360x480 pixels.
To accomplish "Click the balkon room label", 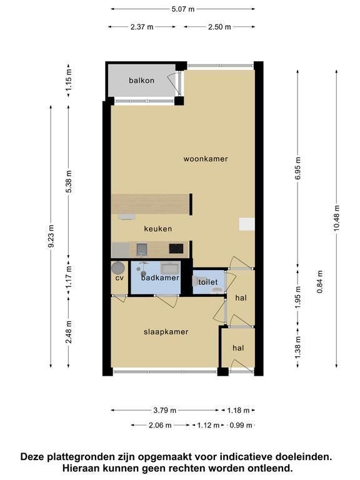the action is pyautogui.click(x=141, y=81).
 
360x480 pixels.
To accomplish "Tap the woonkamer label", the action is pyautogui.click(x=206, y=159).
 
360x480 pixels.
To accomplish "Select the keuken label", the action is pyautogui.click(x=158, y=229).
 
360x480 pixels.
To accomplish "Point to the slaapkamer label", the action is pyautogui.click(x=166, y=332).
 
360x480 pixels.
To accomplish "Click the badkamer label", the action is pyautogui.click(x=160, y=278).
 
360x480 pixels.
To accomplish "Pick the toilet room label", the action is pyautogui.click(x=208, y=282).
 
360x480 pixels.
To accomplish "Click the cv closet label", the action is pyautogui.click(x=119, y=278).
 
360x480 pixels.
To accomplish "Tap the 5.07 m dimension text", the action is pyautogui.click(x=183, y=9).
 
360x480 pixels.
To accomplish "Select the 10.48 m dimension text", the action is pyautogui.click(x=336, y=219).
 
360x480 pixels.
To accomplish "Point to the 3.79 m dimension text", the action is pyautogui.click(x=165, y=410).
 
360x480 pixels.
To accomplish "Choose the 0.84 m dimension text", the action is pyautogui.click(x=319, y=282).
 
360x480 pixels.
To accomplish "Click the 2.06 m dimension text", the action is pyautogui.click(x=160, y=425).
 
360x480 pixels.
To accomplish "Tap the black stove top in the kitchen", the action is pyautogui.click(x=176, y=249).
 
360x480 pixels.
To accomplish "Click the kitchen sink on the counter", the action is pyautogui.click(x=142, y=249).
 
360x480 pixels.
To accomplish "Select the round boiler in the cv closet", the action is pyautogui.click(x=118, y=268).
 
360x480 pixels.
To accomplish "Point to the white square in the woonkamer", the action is pyautogui.click(x=247, y=224).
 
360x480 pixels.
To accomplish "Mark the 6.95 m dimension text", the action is pyautogui.click(x=298, y=168).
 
